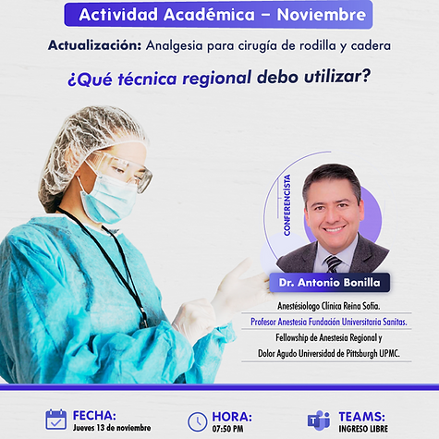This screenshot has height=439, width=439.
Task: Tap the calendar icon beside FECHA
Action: click(x=55, y=420)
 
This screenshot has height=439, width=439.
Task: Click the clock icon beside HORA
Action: click(x=197, y=421)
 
